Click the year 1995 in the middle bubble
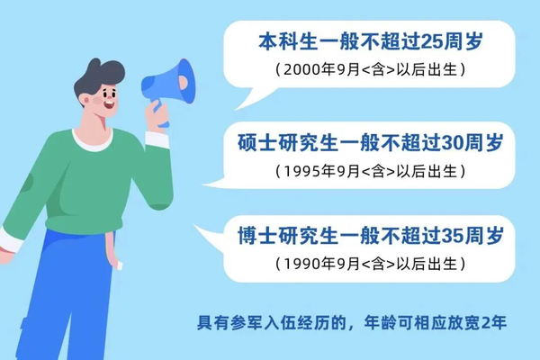pos(301,169)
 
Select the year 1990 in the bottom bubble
pos(301,264)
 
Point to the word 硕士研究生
pos(274,142)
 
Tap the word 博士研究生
pos(274,237)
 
